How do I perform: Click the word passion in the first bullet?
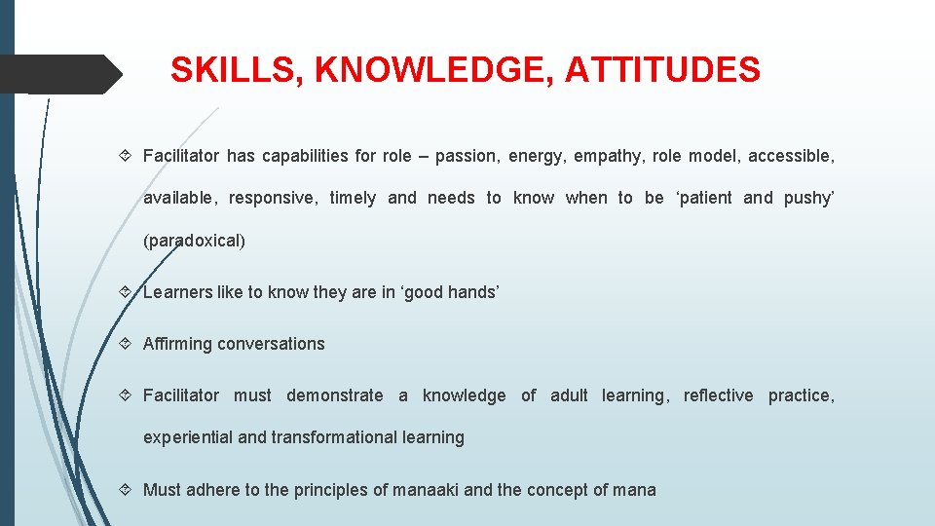[465, 156]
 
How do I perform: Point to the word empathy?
[606, 156]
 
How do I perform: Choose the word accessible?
[791, 156]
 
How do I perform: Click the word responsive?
[273, 198]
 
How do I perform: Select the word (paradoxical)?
[194, 240]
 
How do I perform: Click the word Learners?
[176, 292]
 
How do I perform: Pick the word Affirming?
[177, 344]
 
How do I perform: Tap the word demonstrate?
[335, 395]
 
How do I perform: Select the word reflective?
[718, 395]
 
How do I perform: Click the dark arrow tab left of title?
[58, 73]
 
